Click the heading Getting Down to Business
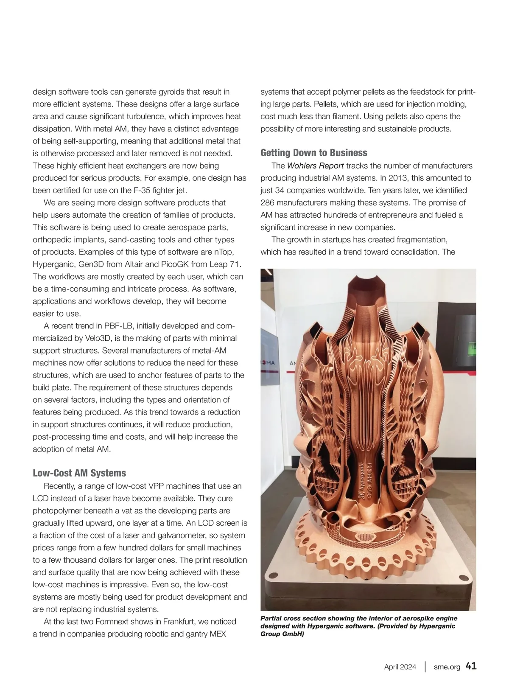[314, 153]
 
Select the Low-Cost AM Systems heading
[79, 473]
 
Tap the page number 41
[471, 666]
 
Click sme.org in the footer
[447, 667]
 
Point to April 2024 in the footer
[400, 667]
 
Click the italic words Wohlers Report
[315, 165]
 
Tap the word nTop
[224, 252]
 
